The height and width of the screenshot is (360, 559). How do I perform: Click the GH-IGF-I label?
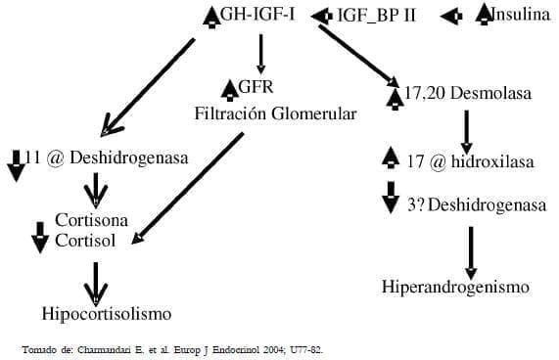[263, 16]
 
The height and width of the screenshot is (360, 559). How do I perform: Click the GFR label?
[256, 89]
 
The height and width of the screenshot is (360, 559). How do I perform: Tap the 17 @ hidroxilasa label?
[471, 161]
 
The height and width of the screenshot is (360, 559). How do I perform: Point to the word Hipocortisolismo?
[107, 314]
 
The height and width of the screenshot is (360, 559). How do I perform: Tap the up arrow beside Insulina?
[484, 15]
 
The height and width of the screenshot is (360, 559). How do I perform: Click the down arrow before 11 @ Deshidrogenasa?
[16, 164]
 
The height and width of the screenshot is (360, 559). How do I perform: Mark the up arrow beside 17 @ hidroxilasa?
[390, 157]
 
